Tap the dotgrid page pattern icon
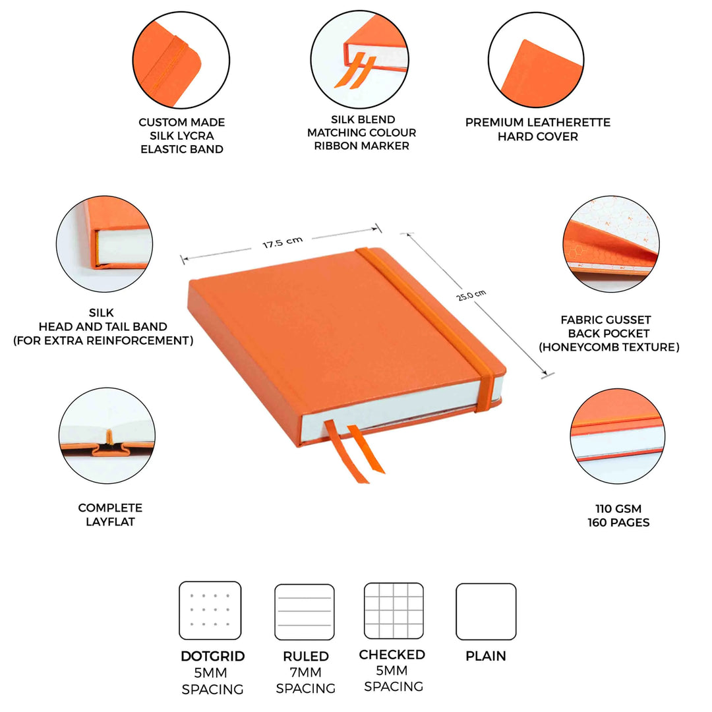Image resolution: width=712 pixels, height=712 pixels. (x=210, y=610)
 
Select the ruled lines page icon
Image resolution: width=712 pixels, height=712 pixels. (x=304, y=612)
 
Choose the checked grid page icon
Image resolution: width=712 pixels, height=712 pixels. (x=394, y=610)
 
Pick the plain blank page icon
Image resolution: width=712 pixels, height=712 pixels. (x=486, y=611)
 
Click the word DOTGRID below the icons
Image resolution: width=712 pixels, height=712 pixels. (x=213, y=657)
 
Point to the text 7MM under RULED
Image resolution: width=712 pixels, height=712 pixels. (x=306, y=672)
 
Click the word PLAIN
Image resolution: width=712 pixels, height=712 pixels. (x=486, y=657)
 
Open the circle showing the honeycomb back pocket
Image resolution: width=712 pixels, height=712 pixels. (x=611, y=244)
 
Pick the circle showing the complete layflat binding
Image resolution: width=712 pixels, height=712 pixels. (x=107, y=436)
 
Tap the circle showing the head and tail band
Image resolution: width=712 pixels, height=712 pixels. (x=105, y=244)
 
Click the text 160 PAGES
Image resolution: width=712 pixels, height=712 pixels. (x=618, y=523)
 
